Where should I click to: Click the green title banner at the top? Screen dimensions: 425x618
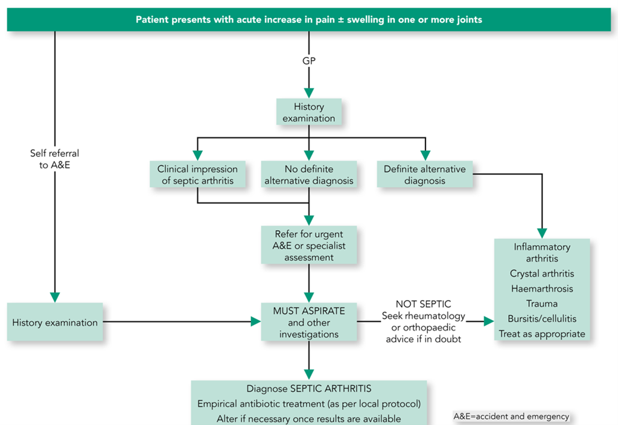click(x=309, y=19)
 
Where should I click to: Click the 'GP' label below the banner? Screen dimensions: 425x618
click(x=309, y=60)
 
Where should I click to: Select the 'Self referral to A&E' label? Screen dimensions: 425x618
click(x=55, y=159)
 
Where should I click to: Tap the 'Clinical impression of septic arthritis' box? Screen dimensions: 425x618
click(x=198, y=174)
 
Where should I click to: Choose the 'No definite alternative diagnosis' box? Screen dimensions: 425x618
click(x=309, y=174)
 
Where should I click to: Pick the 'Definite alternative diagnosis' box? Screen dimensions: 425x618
click(x=425, y=174)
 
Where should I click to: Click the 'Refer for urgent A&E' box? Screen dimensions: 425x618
click(x=309, y=245)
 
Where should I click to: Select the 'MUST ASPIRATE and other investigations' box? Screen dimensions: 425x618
click(x=309, y=322)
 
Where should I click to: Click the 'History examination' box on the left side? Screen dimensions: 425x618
click(x=55, y=322)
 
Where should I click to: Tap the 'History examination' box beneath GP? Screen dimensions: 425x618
click(x=309, y=112)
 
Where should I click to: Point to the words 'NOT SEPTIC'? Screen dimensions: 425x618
click(x=423, y=304)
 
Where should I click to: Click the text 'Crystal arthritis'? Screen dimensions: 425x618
click(x=542, y=273)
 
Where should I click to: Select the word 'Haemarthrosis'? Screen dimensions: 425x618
click(x=542, y=289)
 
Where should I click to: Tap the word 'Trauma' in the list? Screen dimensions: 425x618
click(x=542, y=304)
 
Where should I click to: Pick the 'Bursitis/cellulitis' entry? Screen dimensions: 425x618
click(x=542, y=319)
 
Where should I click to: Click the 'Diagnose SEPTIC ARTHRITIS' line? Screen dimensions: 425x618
click(x=309, y=388)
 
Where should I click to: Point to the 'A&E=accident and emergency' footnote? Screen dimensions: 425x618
click(x=511, y=417)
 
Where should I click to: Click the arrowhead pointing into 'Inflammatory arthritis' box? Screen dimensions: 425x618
click(x=542, y=232)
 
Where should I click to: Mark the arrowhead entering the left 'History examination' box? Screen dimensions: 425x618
click(x=55, y=297)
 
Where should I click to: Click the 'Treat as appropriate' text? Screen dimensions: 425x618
click(x=542, y=333)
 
